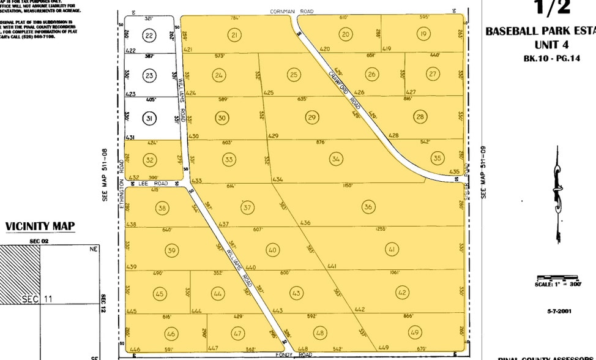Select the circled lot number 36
368,206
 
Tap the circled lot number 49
415,332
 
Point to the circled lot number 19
423,34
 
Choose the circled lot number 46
171,334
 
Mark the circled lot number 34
335,159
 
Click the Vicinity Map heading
40,227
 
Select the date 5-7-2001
559,312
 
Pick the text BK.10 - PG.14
546,59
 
